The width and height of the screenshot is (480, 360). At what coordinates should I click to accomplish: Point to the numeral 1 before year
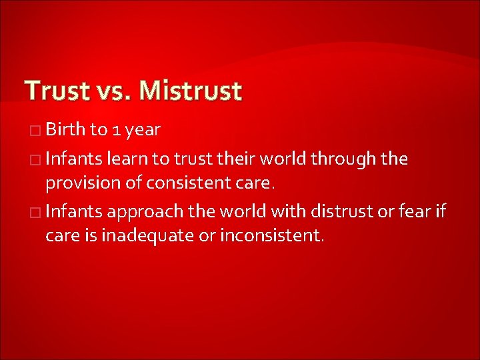[115, 130]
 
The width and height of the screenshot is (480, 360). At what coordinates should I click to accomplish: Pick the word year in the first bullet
[142, 131]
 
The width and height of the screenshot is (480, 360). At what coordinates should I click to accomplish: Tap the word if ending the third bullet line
[440, 212]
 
